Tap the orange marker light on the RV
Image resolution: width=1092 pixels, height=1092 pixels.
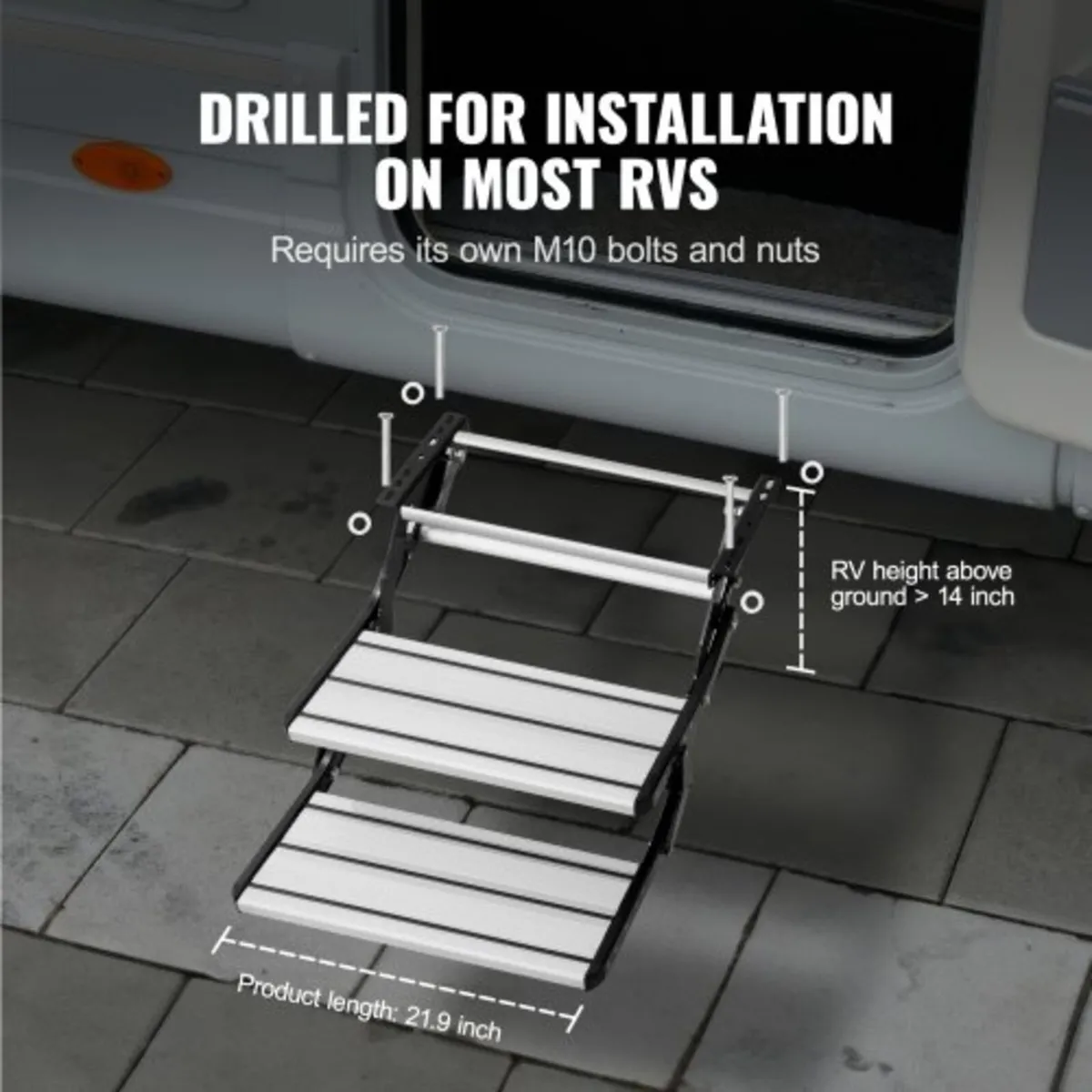click(122, 166)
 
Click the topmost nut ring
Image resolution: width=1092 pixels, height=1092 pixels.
click(411, 393)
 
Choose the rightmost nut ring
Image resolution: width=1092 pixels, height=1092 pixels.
click(812, 472)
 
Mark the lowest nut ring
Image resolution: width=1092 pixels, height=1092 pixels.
click(751, 602)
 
